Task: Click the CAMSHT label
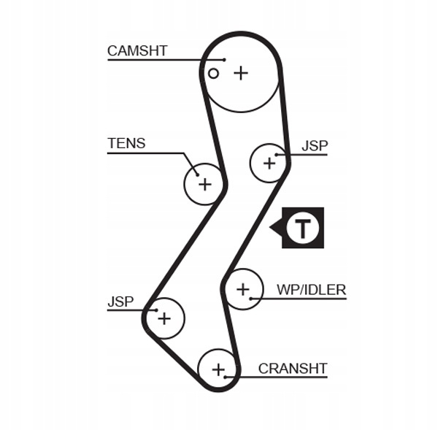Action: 137,50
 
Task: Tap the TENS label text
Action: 126,143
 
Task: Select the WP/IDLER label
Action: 311,290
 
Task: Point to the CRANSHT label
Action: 293,368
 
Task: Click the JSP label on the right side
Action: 315,145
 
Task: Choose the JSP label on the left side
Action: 120,301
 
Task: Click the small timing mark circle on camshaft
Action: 213,73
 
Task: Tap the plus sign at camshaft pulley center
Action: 241,73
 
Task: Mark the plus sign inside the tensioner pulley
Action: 204,184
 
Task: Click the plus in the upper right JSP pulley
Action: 269,162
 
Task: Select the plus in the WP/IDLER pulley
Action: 243,290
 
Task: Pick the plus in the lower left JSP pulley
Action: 164,318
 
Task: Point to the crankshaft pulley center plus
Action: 218,369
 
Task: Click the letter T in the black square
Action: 302,229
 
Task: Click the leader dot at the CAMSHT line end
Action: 225,58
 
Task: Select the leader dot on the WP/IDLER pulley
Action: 250,298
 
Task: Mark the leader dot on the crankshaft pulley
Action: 226,377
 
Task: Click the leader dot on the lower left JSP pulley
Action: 155,310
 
